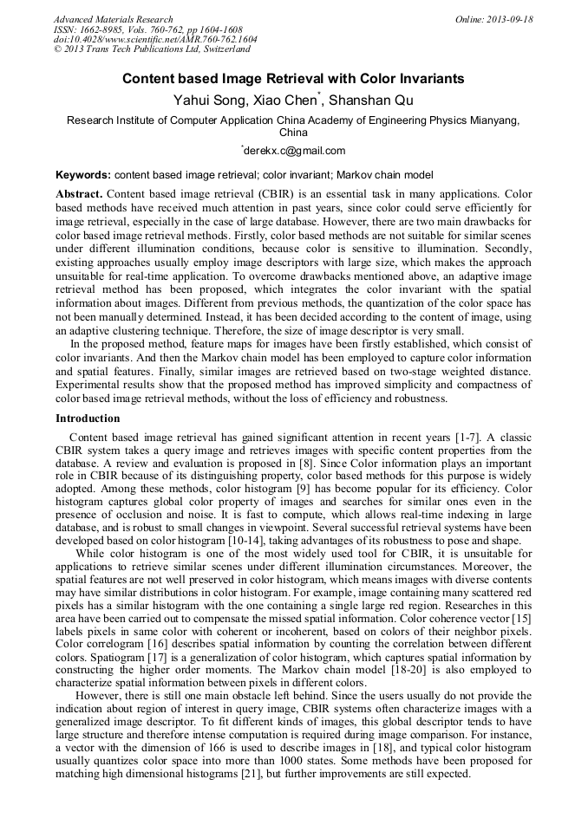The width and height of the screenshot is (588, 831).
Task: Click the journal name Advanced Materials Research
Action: pos(114,19)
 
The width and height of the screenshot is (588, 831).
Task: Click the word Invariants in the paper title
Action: pos(427,79)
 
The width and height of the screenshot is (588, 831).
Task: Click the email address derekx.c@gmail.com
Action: pos(295,151)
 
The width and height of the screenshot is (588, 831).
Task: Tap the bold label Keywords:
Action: pos(83,175)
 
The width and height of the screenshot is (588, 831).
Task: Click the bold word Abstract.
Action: pos(80,193)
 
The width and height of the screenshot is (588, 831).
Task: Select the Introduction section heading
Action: pos(88,418)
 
